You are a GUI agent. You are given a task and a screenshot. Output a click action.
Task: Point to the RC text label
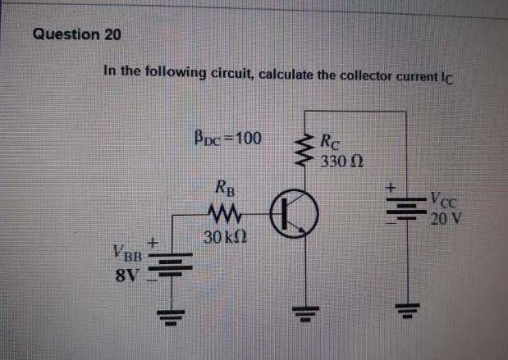pos(328,141)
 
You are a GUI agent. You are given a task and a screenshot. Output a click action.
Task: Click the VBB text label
pos(126,253)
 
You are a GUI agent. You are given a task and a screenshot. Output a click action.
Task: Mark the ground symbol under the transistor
pos(309,312)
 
